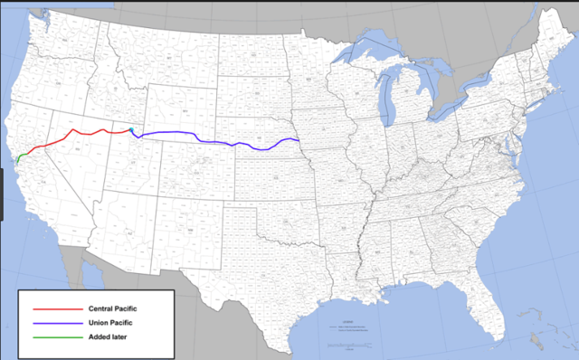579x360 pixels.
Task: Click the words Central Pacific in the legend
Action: point(114,309)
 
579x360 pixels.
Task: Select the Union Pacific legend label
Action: point(110,324)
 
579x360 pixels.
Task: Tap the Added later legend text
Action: point(108,338)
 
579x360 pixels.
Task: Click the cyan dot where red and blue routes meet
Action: point(131,130)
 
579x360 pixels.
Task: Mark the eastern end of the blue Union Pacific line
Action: point(299,139)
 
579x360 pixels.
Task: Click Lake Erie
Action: point(449,112)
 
